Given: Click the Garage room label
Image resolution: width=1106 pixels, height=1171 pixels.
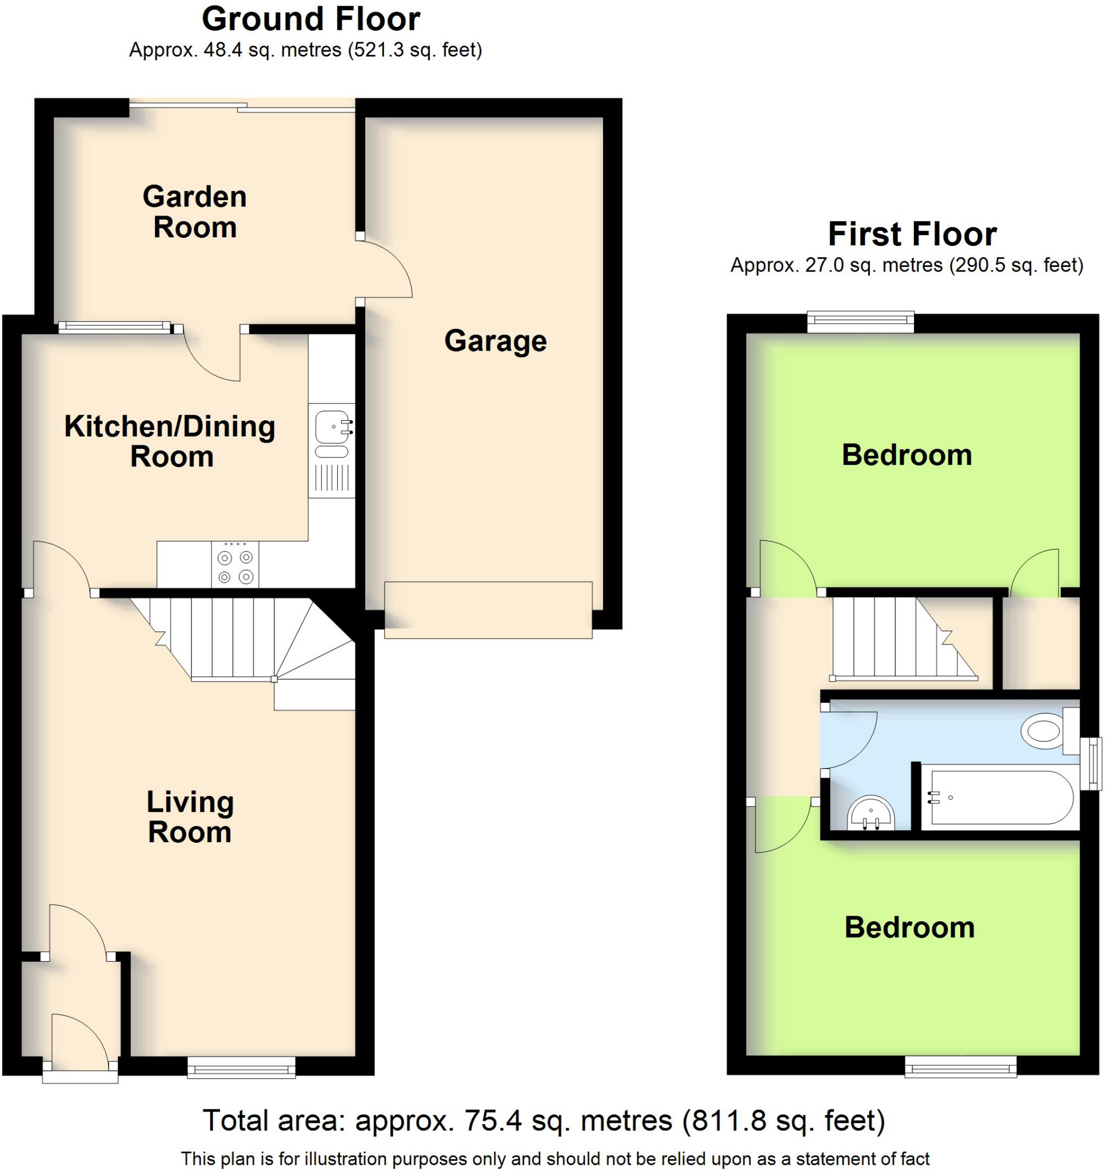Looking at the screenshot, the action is [495, 341].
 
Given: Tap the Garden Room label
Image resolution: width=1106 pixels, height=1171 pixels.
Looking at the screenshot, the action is [194, 212].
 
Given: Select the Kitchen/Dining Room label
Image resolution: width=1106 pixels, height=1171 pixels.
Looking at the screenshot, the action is [170, 441].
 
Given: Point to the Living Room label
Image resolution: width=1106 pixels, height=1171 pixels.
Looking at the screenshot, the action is [190, 816].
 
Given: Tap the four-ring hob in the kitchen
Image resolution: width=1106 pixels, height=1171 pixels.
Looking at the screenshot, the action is [235, 564].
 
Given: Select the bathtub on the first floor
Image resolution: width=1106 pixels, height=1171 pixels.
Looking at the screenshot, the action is [1000, 798].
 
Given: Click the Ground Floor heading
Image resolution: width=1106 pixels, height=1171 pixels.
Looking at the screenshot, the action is [311, 19].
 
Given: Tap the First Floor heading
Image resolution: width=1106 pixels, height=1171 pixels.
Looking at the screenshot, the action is [912, 234].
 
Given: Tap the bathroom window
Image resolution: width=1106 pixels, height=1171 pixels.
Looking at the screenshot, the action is [1094, 763].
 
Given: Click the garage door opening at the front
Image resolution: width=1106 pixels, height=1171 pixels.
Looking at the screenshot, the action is [488, 610].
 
